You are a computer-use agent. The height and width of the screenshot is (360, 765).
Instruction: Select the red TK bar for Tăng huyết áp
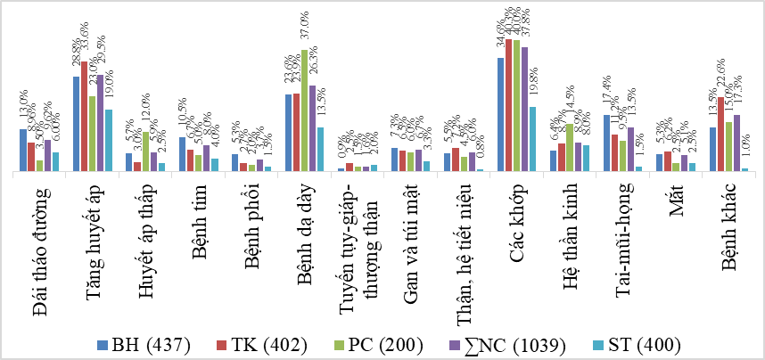pyautogui.click(x=84, y=116)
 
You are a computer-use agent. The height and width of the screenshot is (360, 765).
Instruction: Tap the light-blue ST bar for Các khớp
pyautogui.click(x=532, y=138)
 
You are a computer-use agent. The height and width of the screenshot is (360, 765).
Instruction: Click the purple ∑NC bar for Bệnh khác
pyautogui.click(x=736, y=143)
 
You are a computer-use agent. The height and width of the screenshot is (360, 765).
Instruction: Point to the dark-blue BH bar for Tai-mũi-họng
pyautogui.click(x=606, y=143)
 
